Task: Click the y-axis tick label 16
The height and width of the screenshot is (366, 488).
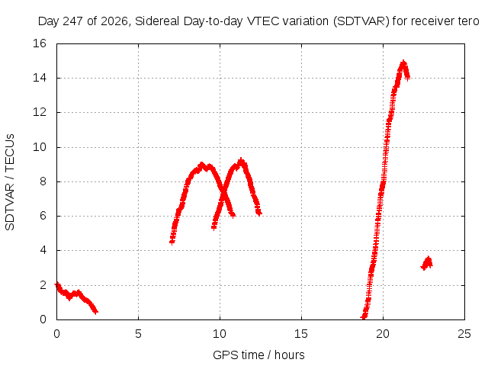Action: point(40,43)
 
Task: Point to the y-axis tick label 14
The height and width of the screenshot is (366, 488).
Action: point(40,78)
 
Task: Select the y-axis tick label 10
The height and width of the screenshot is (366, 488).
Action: point(40,147)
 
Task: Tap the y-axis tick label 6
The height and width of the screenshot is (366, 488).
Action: point(43,216)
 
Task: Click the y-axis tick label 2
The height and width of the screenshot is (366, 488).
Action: point(43,284)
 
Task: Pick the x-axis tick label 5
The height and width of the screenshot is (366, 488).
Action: point(138,334)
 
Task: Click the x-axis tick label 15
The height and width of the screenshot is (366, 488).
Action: point(301,334)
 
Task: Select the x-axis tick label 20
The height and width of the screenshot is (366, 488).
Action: point(383,334)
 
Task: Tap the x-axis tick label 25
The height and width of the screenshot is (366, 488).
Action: point(464,334)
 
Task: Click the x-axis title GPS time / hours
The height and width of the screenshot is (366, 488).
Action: point(258,355)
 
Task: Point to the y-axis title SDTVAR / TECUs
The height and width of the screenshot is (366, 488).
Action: point(10,182)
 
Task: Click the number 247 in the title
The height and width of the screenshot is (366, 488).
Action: point(73,21)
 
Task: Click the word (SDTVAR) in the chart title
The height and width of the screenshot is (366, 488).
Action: point(361,21)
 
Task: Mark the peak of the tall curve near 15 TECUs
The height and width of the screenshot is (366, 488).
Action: point(403,63)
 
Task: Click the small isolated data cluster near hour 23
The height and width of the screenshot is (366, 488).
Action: point(427,263)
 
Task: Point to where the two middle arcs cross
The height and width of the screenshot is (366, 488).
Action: point(223,194)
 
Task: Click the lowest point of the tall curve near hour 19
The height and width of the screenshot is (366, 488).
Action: point(363,317)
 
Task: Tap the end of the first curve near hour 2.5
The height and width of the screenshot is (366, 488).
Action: point(96,311)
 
